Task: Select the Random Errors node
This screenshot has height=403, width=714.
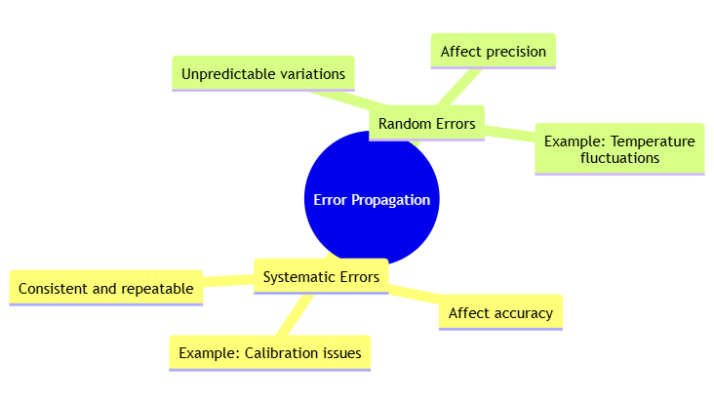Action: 426,123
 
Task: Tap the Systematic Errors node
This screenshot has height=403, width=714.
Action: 321,277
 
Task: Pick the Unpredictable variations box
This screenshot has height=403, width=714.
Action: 262,73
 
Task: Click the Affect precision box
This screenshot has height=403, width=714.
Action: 493,51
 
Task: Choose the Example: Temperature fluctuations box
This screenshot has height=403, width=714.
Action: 619,149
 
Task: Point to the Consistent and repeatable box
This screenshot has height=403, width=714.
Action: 105,289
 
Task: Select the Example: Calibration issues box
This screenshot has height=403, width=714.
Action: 269,352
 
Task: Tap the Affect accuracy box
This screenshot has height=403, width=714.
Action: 500,313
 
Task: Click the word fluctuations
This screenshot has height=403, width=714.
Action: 619,157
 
